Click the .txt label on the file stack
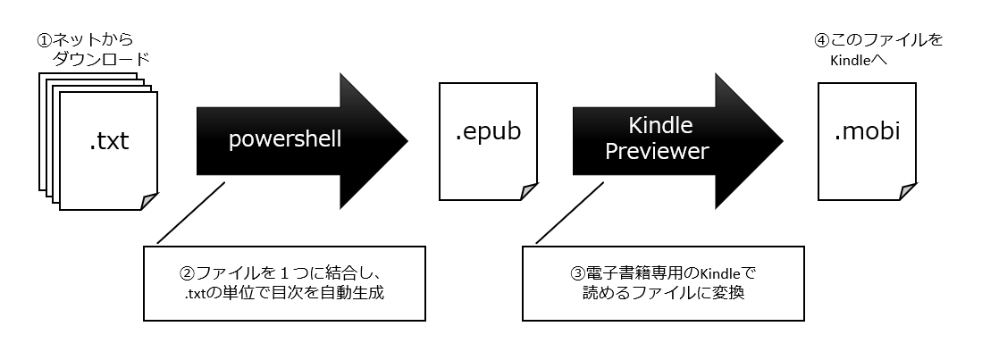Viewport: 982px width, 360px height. click(109, 141)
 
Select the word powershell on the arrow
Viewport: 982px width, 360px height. click(285, 139)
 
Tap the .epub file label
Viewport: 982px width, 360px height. click(488, 132)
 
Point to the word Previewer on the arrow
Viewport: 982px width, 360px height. click(657, 151)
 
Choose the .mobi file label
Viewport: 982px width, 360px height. click(868, 132)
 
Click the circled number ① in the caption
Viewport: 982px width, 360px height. click(44, 41)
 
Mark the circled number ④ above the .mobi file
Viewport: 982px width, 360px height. click(822, 41)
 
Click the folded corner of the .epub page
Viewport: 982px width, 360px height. click(530, 192)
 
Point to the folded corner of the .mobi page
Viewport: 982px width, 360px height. click(909, 192)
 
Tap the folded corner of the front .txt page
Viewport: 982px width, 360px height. click(150, 202)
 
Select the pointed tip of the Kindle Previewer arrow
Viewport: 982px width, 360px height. click(783, 141)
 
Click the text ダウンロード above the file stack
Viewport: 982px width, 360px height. click(102, 60)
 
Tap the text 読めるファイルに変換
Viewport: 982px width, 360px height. click(664, 293)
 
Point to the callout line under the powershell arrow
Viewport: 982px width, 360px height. click(190, 213)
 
